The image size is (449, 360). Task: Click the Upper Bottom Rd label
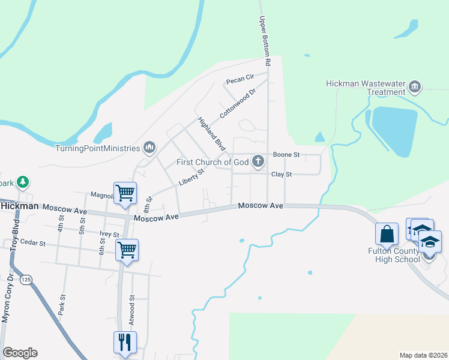pyautogui.click(x=265, y=41)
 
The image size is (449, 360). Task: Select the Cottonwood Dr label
pyautogui.click(x=238, y=103)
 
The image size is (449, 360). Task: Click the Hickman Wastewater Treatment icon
pyautogui.click(x=414, y=88)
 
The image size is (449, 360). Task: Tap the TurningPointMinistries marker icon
pyautogui.click(x=149, y=148)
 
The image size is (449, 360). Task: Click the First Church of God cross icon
pyautogui.click(x=258, y=161)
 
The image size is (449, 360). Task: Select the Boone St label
pyautogui.click(x=286, y=155)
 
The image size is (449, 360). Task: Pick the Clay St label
pyautogui.click(x=281, y=175)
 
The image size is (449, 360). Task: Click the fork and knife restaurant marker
pyautogui.click(x=125, y=343)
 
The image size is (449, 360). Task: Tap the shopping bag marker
pyautogui.click(x=387, y=234)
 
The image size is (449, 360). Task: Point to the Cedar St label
pyautogui.click(x=33, y=243)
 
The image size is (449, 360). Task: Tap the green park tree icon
pyautogui.click(x=22, y=181)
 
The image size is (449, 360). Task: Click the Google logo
pyautogui.click(x=20, y=353)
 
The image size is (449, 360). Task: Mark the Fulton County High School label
pyautogui.click(x=394, y=255)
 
